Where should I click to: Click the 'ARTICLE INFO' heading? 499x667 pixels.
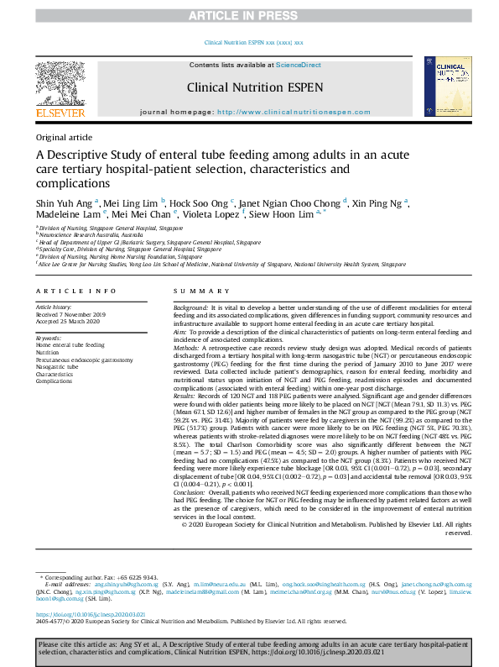[x=75, y=291]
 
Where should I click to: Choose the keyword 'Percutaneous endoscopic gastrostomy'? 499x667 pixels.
[x=84, y=360]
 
